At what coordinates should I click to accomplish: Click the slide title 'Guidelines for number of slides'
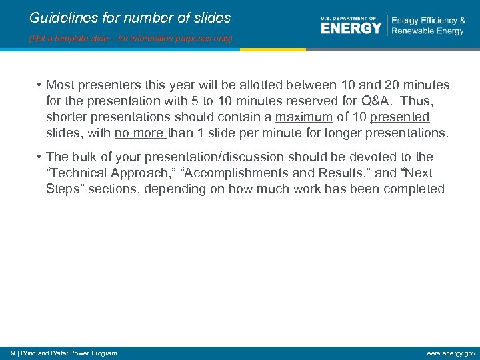tap(130, 18)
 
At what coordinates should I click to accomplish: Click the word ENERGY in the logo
tap(351, 28)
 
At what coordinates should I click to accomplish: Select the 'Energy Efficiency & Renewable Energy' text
tap(428, 26)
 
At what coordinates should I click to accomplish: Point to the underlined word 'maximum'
tap(303, 117)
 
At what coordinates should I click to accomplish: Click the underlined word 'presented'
tap(399, 117)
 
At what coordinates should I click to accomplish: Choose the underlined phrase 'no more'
tap(139, 133)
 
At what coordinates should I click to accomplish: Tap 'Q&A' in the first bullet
tap(376, 101)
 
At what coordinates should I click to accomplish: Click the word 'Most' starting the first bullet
tap(60, 85)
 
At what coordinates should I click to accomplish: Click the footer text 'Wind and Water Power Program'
tap(69, 353)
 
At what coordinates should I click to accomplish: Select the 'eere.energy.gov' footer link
tap(451, 353)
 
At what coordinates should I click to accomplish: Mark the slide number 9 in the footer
tap(13, 353)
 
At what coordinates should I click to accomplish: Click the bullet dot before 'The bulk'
tap(40, 157)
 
